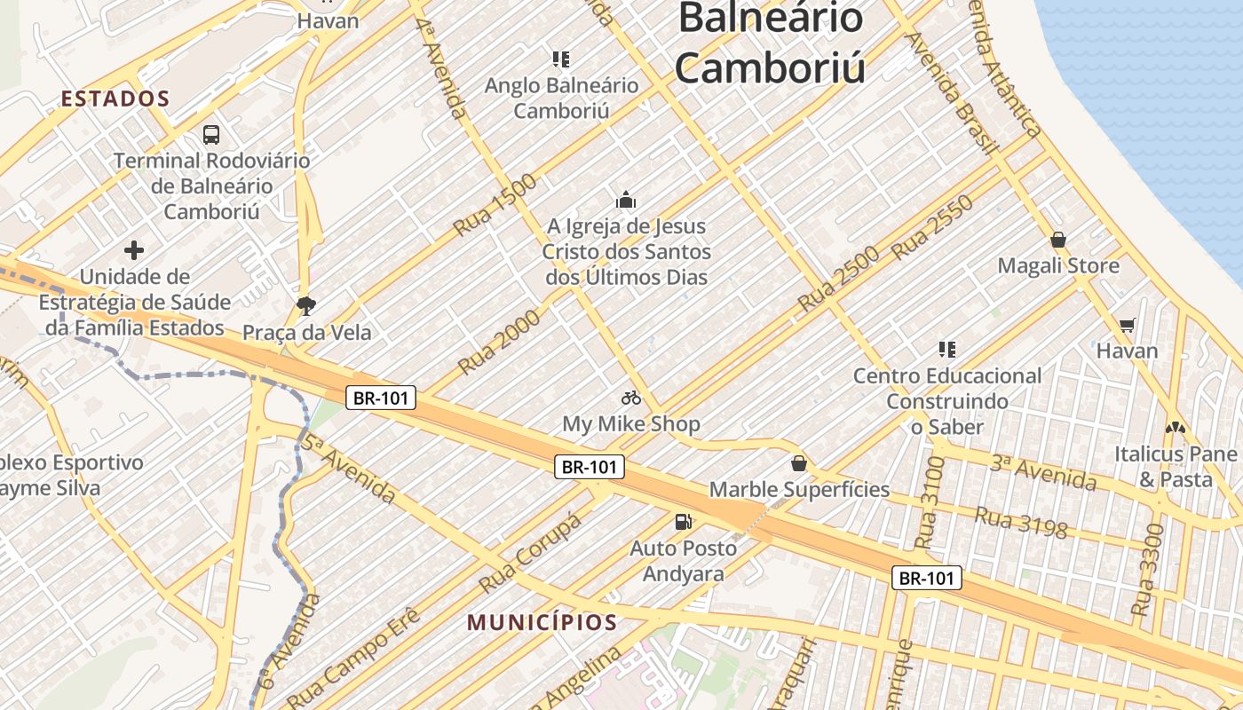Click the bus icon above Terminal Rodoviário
pyautogui.click(x=211, y=135)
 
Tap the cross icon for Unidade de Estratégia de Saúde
pyautogui.click(x=134, y=250)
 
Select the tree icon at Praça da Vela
pyautogui.click(x=306, y=306)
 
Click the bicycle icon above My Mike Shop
pyautogui.click(x=631, y=398)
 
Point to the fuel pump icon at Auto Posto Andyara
pyautogui.click(x=683, y=522)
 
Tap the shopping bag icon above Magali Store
pyautogui.click(x=1058, y=240)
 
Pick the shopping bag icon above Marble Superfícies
pyautogui.click(x=799, y=463)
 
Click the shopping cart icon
pyautogui.click(x=1127, y=325)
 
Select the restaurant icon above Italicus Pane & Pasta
pyautogui.click(x=1176, y=428)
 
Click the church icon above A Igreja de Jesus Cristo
pyautogui.click(x=626, y=200)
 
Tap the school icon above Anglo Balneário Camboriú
pyautogui.click(x=561, y=59)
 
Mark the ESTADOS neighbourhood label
pyautogui.click(x=115, y=99)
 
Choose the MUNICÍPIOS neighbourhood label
pyautogui.click(x=542, y=622)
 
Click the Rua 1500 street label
pyautogui.click(x=495, y=205)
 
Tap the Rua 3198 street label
pyautogui.click(x=1021, y=522)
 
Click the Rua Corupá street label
pyautogui.click(x=531, y=553)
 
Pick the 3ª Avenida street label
pyautogui.click(x=1043, y=472)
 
